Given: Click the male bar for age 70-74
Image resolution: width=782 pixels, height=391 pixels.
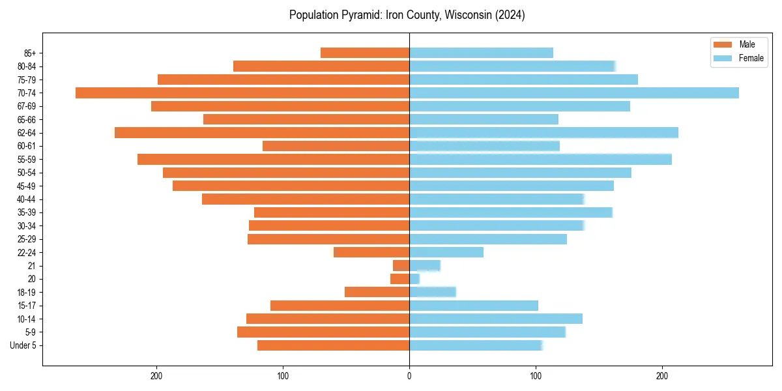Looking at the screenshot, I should click(x=242, y=93).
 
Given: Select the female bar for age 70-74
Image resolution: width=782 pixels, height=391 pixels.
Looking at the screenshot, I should click(x=574, y=93).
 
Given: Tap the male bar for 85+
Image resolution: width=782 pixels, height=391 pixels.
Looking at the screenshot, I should click(x=365, y=53).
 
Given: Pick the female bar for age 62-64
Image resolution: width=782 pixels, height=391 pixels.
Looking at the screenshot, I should click(x=543, y=132).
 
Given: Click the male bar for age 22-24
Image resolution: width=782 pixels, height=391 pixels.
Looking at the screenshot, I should click(x=371, y=252).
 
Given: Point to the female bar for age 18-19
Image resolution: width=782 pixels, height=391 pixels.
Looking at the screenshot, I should click(x=432, y=292).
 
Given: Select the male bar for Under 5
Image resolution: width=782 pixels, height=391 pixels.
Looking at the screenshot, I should click(x=333, y=345).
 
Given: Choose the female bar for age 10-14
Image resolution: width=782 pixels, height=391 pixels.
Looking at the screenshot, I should click(x=496, y=319).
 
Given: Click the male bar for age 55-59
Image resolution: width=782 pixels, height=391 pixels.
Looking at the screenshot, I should click(x=273, y=159).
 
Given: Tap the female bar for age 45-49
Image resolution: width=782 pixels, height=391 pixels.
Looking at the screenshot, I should click(x=512, y=186).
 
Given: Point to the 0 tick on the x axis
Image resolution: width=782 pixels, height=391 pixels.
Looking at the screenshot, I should click(x=409, y=376).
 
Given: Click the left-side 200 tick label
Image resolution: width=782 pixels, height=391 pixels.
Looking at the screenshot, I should click(x=156, y=376).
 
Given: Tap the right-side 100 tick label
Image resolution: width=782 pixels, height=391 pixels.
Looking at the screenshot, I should click(x=536, y=376).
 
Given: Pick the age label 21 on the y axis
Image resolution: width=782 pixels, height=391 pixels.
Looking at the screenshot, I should click(x=31, y=266).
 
